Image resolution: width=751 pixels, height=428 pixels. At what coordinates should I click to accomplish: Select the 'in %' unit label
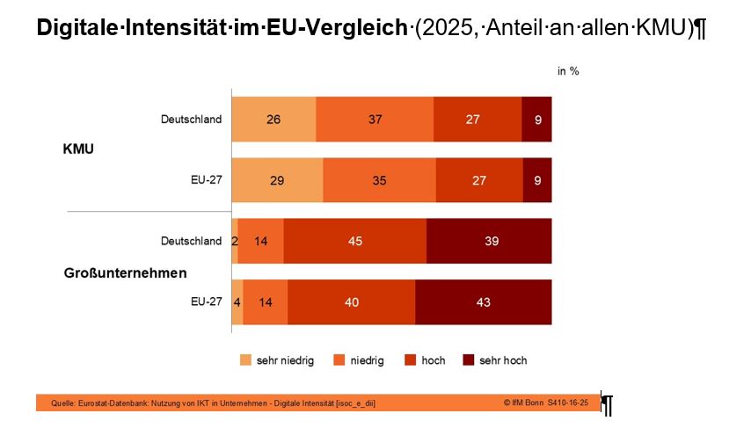[x=568, y=71]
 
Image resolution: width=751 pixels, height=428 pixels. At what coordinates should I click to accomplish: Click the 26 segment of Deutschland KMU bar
[x=273, y=120]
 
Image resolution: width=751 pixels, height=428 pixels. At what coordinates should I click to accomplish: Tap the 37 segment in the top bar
[x=375, y=120]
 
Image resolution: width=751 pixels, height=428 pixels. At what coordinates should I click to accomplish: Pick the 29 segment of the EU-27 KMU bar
[x=277, y=180]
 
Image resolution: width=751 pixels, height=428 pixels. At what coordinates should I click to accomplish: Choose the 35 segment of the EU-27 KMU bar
[x=379, y=180]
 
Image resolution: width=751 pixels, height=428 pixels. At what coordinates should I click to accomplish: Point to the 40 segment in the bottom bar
[x=351, y=302]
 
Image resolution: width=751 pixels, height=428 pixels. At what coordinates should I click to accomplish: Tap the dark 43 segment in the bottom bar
[x=483, y=302]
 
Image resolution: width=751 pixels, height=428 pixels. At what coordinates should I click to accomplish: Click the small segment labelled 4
[x=237, y=302]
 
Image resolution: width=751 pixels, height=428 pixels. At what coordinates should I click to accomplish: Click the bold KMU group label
[x=78, y=149]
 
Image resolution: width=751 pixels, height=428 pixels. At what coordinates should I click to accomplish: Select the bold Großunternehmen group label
[x=125, y=272]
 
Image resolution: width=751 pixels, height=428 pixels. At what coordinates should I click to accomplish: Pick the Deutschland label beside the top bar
[x=191, y=120]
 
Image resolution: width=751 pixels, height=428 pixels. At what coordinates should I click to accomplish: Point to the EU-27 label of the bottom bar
[x=206, y=302]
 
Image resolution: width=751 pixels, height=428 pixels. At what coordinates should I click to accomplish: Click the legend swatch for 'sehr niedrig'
[x=245, y=360]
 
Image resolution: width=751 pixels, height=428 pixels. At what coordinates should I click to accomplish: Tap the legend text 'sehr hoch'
[x=503, y=360]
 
